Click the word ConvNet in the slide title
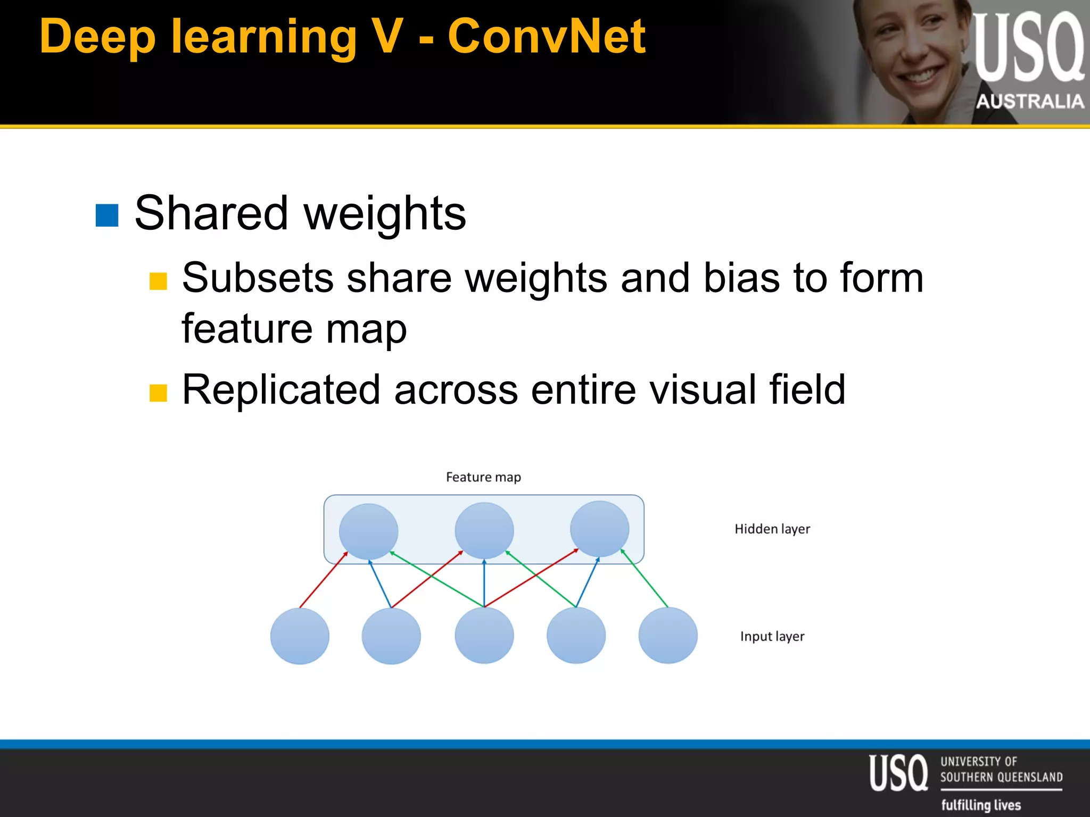(547, 37)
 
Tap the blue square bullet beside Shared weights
(107, 215)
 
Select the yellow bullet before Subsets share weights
(158, 281)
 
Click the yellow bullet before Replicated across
(158, 393)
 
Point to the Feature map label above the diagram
(483, 477)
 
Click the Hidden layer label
(772, 529)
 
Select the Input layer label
(772, 637)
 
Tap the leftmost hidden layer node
(368, 531)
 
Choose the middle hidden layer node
(484, 530)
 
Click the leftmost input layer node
(300, 636)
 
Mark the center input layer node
(484, 636)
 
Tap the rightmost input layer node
(668, 636)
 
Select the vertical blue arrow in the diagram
(484, 583)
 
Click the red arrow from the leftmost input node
(323, 580)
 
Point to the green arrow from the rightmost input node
(645, 578)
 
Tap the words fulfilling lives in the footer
(981, 805)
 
